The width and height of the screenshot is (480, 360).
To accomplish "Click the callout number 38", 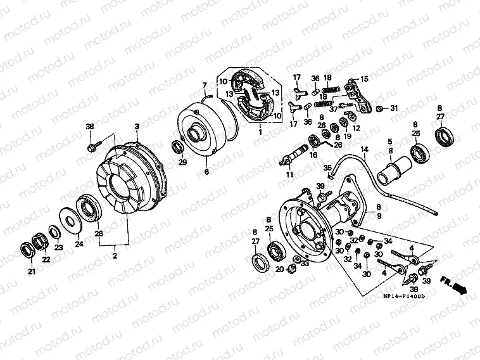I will [89, 127].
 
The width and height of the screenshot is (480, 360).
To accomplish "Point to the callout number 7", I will [205, 85].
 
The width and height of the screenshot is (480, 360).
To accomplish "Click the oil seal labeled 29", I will [179, 148].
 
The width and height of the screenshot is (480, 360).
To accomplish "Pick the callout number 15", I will [363, 78].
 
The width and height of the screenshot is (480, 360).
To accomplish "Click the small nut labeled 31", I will [379, 108].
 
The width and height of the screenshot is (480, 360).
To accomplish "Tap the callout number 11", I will [289, 174].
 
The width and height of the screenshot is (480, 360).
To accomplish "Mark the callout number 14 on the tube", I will [364, 150].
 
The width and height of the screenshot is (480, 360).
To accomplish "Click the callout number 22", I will [46, 259].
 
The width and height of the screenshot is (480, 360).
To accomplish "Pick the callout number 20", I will [279, 269].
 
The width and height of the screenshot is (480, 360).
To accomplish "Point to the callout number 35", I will [327, 167].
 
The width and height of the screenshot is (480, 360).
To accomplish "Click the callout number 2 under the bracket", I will [115, 255].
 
